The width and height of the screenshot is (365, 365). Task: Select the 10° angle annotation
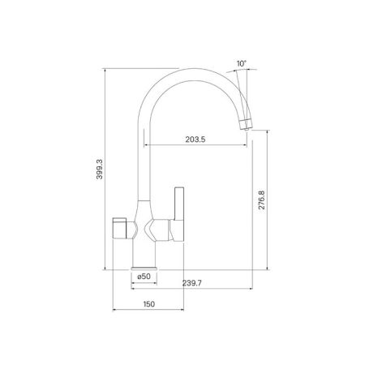tap(241, 62)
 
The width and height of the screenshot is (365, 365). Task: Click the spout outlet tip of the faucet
tap(247, 123)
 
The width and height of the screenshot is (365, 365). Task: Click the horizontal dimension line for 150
tap(146, 310)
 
